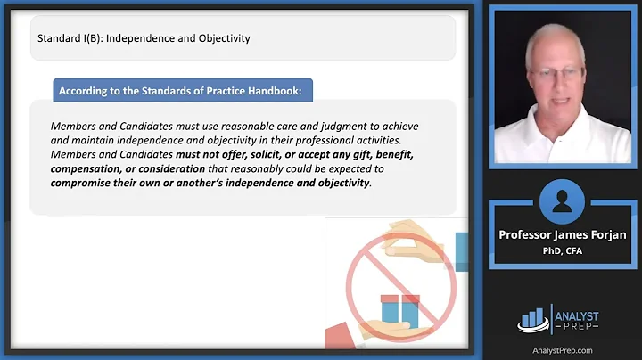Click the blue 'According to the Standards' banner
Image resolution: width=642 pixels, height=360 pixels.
(184, 90)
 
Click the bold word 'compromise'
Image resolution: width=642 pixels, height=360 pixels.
(87, 183)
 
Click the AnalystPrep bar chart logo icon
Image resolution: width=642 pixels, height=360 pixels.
(532, 317)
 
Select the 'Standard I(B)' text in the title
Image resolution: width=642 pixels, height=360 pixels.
(75, 38)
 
